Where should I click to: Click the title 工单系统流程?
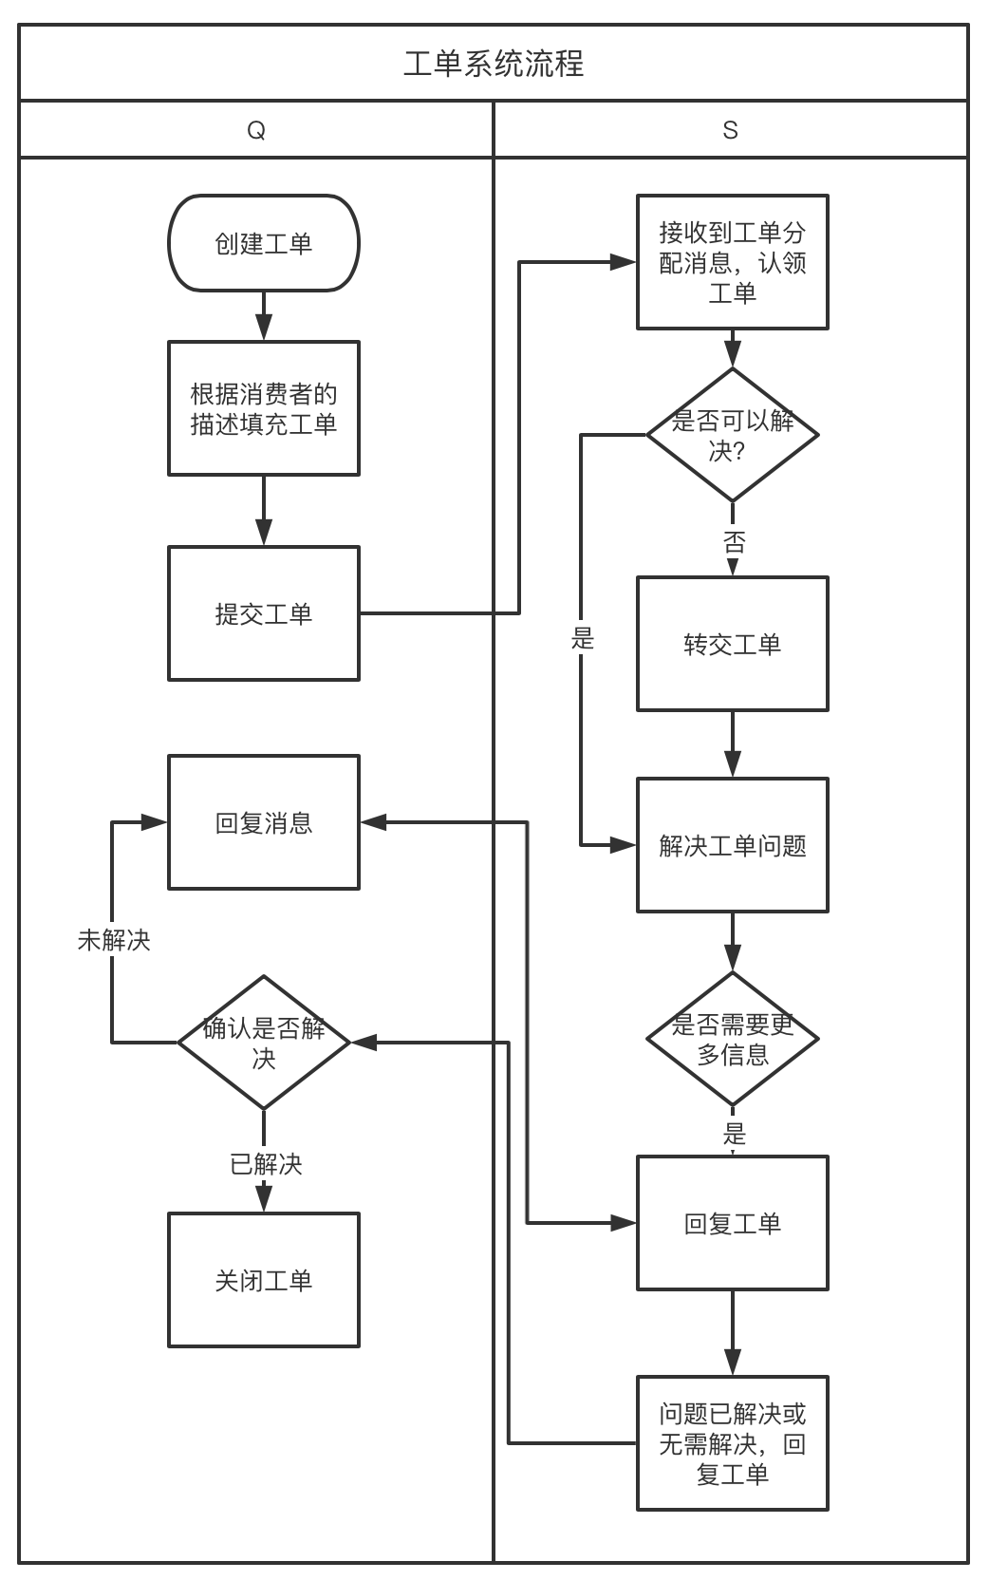494,64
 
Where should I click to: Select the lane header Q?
256,130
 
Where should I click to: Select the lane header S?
730,130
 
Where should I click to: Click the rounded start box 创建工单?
264,243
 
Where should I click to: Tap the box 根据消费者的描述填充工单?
264,408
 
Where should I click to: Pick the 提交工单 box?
264,613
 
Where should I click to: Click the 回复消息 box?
264,822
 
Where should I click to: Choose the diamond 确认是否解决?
264,1042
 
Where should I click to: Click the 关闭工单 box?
264,1280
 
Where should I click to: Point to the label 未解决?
114,940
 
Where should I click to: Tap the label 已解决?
266,1164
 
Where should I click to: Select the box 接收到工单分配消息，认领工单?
732,262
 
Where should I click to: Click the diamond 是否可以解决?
732,434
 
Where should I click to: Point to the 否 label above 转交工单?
734,542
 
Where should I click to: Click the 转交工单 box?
732,644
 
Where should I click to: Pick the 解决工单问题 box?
732,845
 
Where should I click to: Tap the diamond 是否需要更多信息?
732,1039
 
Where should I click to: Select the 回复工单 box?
732,1223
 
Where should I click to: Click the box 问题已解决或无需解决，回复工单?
732,1443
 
